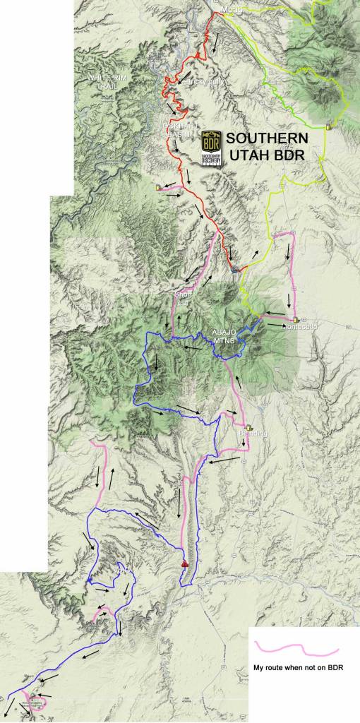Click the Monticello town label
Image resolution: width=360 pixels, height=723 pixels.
[295, 327]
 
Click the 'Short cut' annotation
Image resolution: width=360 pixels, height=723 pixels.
[184, 299]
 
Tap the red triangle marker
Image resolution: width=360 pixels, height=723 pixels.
[185, 563]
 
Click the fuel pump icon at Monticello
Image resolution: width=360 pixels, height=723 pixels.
[292, 318]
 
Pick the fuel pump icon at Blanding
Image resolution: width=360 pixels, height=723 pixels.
[249, 426]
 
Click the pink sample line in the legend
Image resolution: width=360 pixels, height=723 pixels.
[296, 648]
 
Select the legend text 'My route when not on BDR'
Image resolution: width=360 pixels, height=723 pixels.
[297, 667]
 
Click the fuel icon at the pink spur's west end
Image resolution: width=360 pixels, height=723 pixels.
[157, 188]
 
